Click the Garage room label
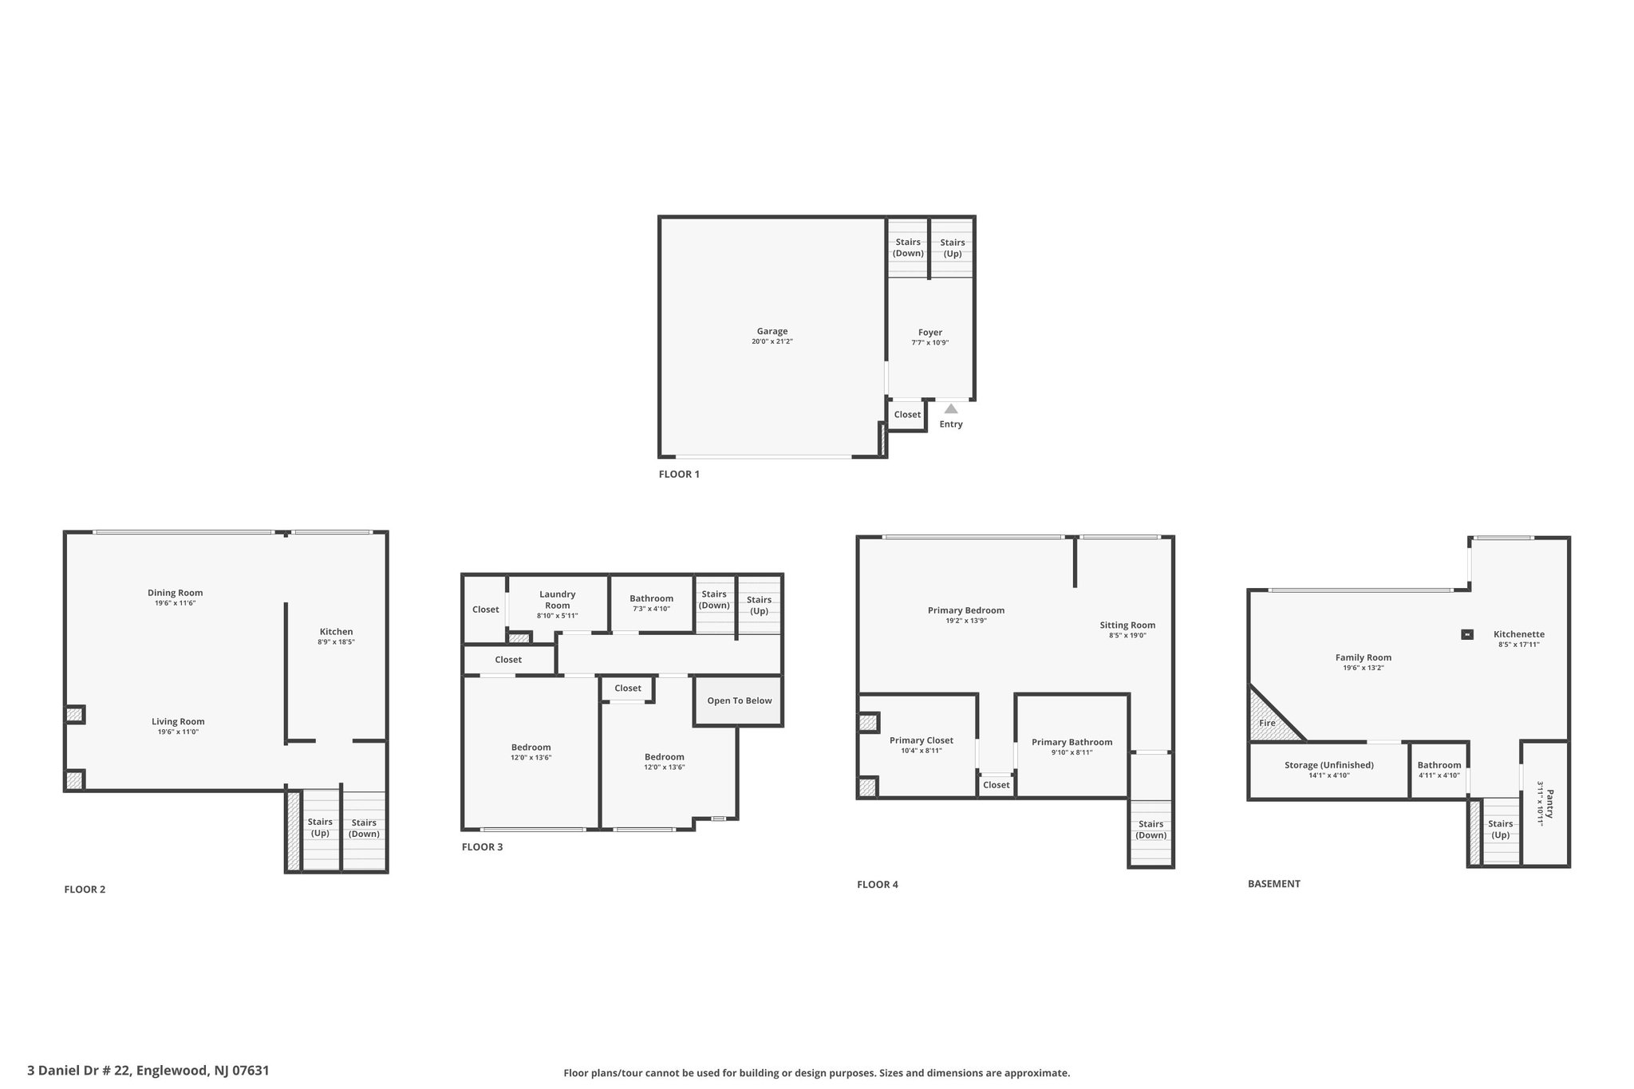pyautogui.click(x=772, y=331)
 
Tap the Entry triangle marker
pyautogui.click(x=951, y=408)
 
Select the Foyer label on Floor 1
pyautogui.click(x=930, y=333)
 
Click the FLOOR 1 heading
pyautogui.click(x=679, y=474)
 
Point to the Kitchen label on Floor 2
pyautogui.click(x=336, y=632)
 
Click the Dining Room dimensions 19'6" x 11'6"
pyautogui.click(x=176, y=603)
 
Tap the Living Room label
pyautogui.click(x=178, y=721)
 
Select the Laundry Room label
pyautogui.click(x=557, y=600)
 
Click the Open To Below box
pyautogui.click(x=739, y=701)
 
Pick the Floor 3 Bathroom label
pyautogui.click(x=651, y=598)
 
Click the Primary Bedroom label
pyautogui.click(x=966, y=610)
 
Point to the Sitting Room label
pyautogui.click(x=1127, y=625)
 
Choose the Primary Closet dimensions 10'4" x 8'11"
pyautogui.click(x=922, y=751)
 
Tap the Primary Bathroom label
pyautogui.click(x=1072, y=742)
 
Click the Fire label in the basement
pyautogui.click(x=1267, y=723)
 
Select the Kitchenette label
pyautogui.click(x=1519, y=634)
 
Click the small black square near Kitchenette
pyautogui.click(x=1466, y=634)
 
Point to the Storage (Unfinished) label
pyautogui.click(x=1329, y=765)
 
